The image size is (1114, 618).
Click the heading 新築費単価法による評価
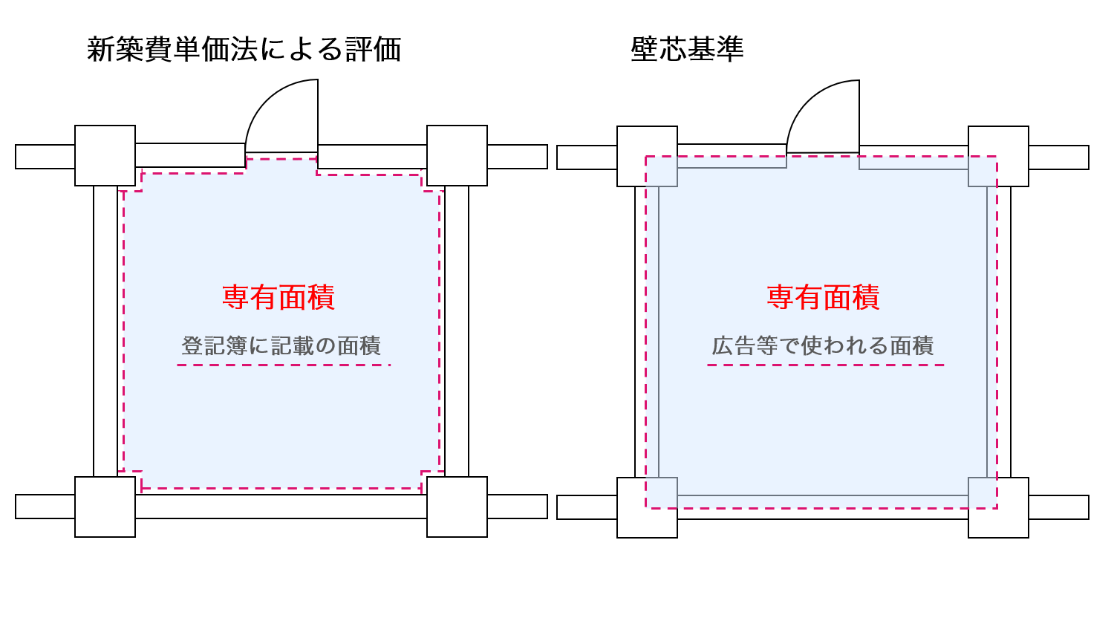coord(244,50)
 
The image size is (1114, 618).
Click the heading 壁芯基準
coord(687,50)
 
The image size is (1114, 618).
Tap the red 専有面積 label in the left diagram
coord(278,297)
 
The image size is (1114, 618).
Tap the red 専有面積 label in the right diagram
coord(823,297)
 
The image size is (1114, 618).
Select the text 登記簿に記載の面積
coord(281,345)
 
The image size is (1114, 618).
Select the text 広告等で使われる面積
coord(823,345)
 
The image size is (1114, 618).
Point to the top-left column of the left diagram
coord(105,155)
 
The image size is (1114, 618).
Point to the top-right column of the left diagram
coord(457,155)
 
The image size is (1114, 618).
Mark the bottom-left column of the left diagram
coord(105,507)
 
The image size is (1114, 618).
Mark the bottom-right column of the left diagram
coord(457,507)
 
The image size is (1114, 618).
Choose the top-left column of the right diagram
coord(647,156)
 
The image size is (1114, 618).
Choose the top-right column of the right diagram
coord(998,156)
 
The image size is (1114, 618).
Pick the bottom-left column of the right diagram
coord(647,507)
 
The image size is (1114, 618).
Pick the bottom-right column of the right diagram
coord(998,507)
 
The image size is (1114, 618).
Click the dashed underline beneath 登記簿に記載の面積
coord(283,365)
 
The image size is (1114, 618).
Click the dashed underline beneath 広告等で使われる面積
coord(825,365)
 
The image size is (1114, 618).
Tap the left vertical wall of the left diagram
coord(105,331)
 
